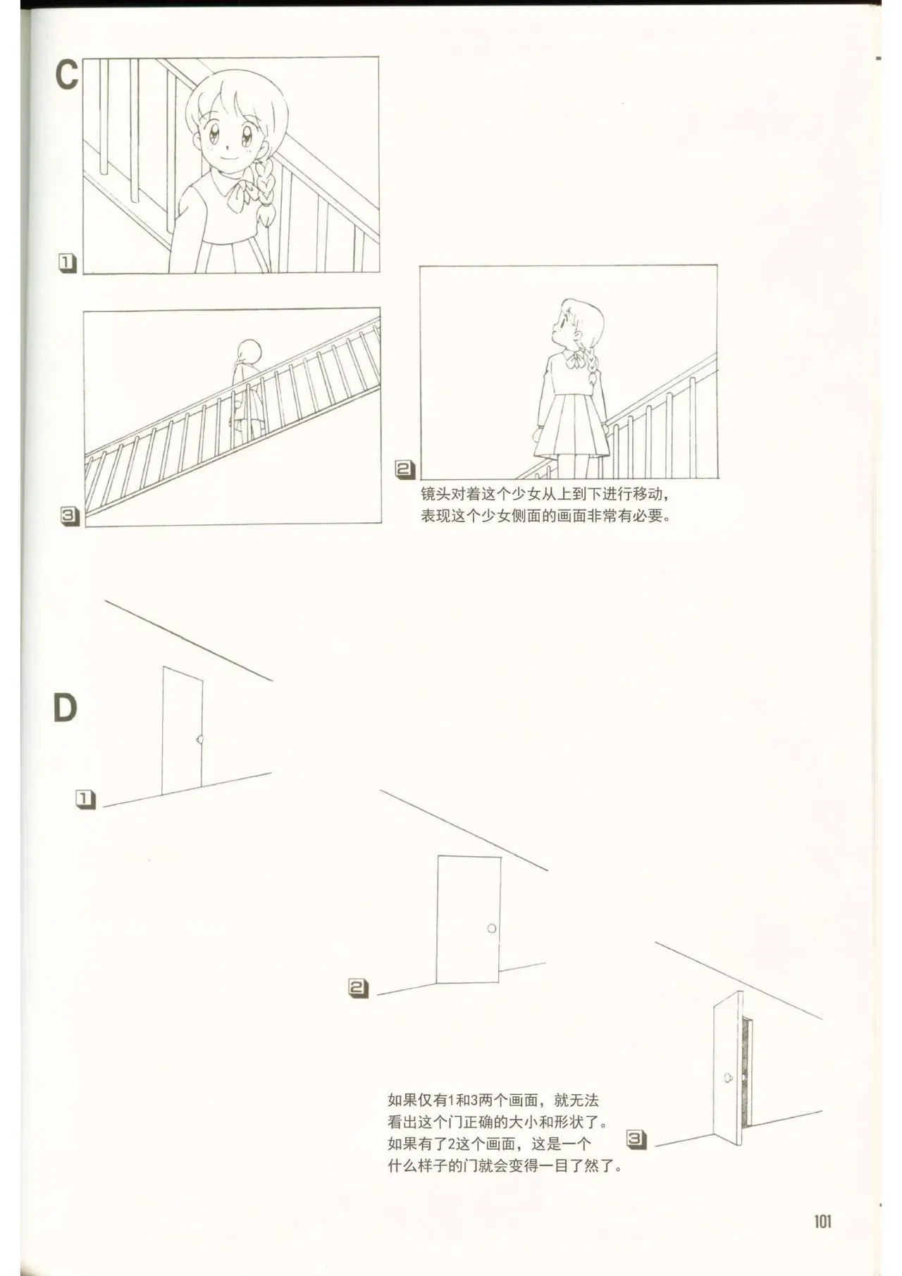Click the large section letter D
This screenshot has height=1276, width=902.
coord(65,708)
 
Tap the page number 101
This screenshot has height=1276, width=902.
coord(822,1221)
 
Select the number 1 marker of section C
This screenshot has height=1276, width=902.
coord(67,264)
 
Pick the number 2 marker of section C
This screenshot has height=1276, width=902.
coord(404,469)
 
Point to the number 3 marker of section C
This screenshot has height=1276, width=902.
coord(69,516)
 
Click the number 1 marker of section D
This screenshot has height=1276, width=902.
coord(85,799)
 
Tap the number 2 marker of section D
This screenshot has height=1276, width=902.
coord(358,988)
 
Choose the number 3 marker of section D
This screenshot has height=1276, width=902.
coord(636,1139)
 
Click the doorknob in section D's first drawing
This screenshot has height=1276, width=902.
coord(200,741)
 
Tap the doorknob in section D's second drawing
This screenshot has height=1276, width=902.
coord(492,929)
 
